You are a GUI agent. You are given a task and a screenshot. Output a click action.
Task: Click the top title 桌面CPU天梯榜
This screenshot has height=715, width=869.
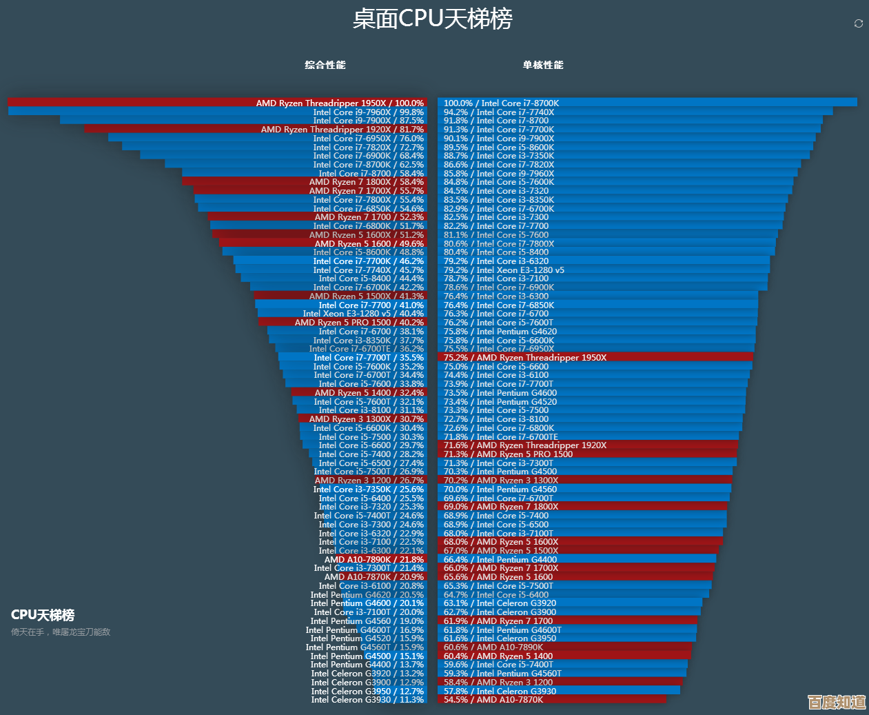(433, 19)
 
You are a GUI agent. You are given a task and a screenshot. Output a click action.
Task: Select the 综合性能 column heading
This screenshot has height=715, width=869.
(325, 65)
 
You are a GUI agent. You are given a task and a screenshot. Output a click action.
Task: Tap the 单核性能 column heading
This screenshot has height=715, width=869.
(543, 65)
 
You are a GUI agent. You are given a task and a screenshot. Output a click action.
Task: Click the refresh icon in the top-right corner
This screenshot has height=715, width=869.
(859, 23)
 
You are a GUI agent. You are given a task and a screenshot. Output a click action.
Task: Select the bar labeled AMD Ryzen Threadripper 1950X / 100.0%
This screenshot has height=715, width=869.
(276, 103)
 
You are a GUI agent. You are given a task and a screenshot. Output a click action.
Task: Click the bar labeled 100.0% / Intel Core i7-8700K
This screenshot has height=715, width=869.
(620, 103)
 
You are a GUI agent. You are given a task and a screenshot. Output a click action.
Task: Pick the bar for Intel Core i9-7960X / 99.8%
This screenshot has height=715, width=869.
(276, 112)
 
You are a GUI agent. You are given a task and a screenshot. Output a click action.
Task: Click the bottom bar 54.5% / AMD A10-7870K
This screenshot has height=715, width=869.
(551, 700)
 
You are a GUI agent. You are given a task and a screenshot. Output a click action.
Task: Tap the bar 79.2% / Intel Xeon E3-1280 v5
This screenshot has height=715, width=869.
(586, 270)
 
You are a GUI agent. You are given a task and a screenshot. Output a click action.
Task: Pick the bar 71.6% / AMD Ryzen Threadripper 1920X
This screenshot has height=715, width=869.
(586, 445)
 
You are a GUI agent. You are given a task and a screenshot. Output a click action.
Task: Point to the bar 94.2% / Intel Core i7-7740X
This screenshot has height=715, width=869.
(620, 112)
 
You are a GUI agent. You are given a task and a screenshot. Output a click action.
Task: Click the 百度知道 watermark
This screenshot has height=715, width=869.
(837, 702)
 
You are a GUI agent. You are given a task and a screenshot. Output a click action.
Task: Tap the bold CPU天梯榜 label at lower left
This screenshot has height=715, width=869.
(43, 615)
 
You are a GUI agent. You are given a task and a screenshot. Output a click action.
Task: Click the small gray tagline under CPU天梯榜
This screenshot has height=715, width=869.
(61, 632)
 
